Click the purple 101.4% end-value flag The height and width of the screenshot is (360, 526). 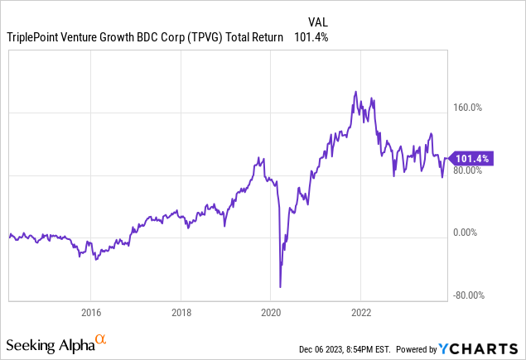point(474,158)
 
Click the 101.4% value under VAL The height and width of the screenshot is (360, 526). point(310,37)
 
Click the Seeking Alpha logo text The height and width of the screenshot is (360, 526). point(49,343)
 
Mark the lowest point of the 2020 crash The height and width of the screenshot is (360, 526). point(281,287)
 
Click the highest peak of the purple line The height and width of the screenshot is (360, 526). point(356,92)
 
